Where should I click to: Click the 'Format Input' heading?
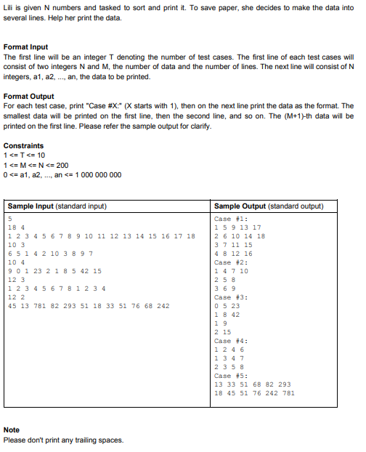pos(25,47)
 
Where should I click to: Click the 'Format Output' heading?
pos(28,95)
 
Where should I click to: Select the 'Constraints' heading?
pos(23,145)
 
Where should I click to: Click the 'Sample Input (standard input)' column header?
pos(57,206)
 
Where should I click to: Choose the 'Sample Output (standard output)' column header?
pos(269,206)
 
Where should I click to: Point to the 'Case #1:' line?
pos(232,219)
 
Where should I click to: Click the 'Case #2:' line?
pos(232,262)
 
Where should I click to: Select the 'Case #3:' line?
pos(232,297)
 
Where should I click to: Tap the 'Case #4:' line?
pos(232,341)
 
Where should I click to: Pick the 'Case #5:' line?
pos(232,376)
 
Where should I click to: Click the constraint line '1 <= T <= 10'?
pos(25,156)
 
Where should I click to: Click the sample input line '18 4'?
pos(15,227)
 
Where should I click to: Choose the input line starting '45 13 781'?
pos(88,306)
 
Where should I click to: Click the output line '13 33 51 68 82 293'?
pos(253,384)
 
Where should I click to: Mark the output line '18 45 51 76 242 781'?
pos(255,393)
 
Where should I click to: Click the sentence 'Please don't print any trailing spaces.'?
pos(62,440)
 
